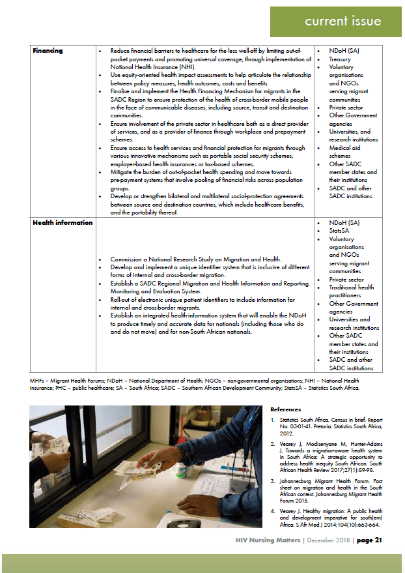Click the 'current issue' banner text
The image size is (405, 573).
342,21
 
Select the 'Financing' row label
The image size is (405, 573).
48,51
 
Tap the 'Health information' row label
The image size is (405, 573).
63,223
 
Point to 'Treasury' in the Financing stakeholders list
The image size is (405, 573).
340,59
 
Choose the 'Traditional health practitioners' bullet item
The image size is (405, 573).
352,291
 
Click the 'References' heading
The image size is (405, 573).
286,409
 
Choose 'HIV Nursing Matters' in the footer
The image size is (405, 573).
268,540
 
